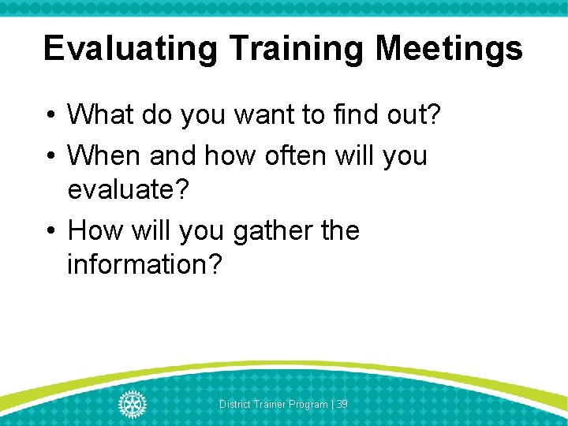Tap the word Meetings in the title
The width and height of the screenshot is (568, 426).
(449, 49)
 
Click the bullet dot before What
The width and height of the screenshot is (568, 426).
(50, 116)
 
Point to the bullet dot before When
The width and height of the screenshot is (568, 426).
(50, 156)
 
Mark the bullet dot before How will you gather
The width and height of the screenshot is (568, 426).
(50, 232)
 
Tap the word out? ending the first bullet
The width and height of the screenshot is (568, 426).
(417, 115)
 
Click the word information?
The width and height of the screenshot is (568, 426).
(145, 265)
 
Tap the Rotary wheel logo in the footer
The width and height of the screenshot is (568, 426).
(133, 404)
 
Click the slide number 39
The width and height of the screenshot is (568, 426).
(342, 405)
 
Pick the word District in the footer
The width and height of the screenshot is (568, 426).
(235, 405)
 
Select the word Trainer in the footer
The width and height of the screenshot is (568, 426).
(271, 405)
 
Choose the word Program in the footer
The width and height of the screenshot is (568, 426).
(308, 405)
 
